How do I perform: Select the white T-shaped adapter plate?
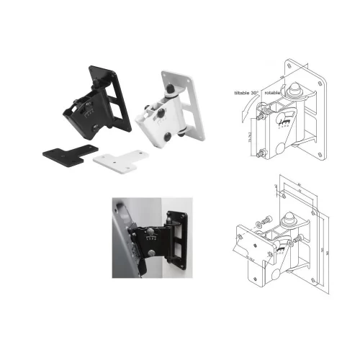(x=115, y=156)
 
